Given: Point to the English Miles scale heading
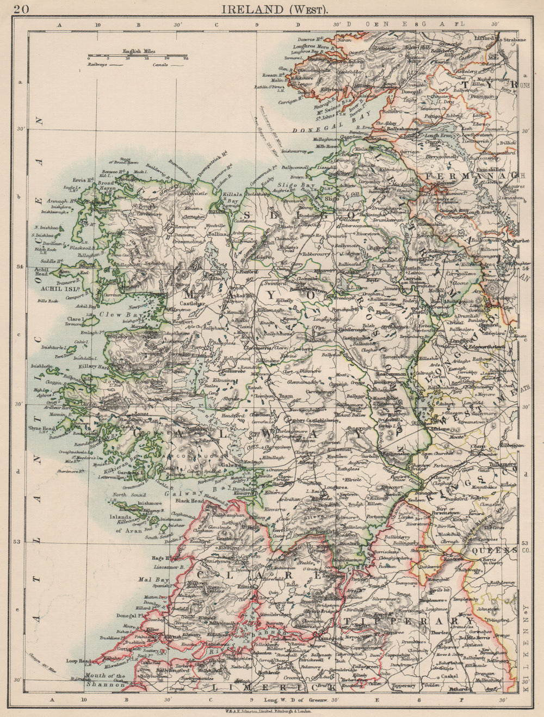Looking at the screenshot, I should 139,51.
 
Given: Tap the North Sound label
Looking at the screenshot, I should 126,495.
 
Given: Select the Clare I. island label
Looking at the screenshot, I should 74,319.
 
